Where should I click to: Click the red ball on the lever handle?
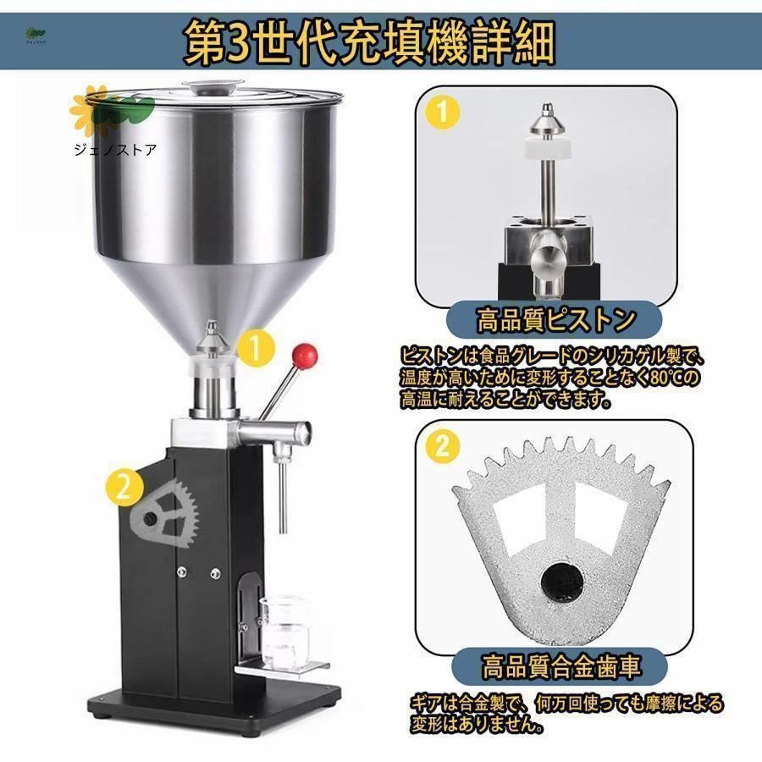point(305,356)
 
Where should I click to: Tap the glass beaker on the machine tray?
point(284,632)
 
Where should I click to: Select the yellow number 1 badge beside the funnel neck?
point(256,348)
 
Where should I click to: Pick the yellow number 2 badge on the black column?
point(124,488)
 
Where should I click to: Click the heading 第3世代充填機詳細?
point(369,43)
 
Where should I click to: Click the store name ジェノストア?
point(115,150)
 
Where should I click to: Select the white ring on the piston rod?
point(547,148)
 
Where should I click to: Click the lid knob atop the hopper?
point(213,87)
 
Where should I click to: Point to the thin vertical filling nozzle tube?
point(282,495)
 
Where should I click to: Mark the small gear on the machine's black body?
point(165,514)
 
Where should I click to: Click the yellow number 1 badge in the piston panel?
point(442,112)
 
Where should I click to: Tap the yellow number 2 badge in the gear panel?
point(442,445)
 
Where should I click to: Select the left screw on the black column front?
point(182,572)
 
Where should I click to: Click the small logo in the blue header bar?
point(36,36)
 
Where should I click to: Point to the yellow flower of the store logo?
point(90,111)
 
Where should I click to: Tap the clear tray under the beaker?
point(282,669)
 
